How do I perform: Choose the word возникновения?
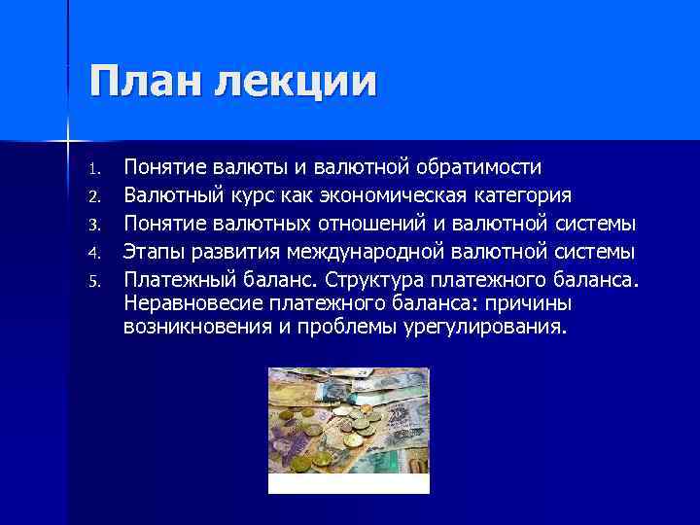[197, 327]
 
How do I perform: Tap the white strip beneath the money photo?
[348, 485]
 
